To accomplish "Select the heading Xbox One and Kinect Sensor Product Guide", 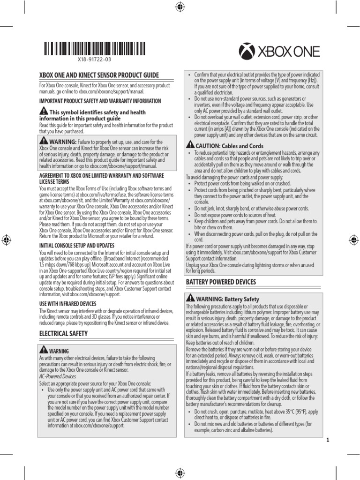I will tap(98, 75).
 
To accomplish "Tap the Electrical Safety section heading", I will tap(63, 333).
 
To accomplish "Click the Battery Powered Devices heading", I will tap(221, 282).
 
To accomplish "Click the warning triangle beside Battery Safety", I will tap(190, 298).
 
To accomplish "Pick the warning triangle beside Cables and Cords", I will tap(190, 145).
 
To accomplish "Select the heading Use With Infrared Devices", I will tap(68, 304).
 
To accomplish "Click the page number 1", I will tap(327, 440).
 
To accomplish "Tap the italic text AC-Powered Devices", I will tap(57, 376).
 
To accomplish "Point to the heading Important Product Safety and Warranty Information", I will tap(100, 101).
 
